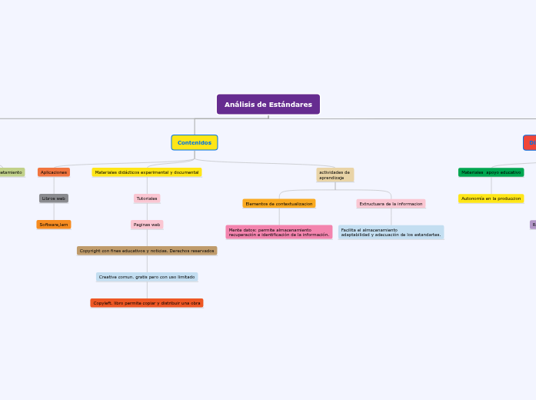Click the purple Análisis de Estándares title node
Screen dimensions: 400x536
(x=268, y=104)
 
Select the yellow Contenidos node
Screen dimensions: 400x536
(x=194, y=142)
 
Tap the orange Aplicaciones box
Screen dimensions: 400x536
(x=54, y=172)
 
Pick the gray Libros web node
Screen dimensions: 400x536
(x=54, y=198)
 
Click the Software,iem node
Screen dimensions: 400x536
(x=54, y=225)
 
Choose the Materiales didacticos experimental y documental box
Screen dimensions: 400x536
(x=147, y=172)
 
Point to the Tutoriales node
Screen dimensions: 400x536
(x=147, y=198)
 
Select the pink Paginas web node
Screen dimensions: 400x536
(x=147, y=225)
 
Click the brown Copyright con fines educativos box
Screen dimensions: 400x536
(x=147, y=251)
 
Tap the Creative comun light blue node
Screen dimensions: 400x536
(x=147, y=277)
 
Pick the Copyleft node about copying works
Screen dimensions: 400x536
(x=147, y=303)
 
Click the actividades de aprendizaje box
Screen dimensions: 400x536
(x=335, y=175)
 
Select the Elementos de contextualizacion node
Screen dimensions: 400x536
(x=279, y=204)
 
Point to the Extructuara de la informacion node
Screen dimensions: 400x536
(x=391, y=204)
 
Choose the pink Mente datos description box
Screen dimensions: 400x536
(x=279, y=232)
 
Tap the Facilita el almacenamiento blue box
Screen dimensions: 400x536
(x=391, y=232)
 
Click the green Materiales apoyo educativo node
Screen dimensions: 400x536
(x=491, y=172)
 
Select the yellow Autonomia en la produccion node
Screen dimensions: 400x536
(x=491, y=198)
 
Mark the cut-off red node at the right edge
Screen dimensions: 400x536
(x=530, y=142)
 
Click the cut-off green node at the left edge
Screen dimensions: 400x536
(x=12, y=172)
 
